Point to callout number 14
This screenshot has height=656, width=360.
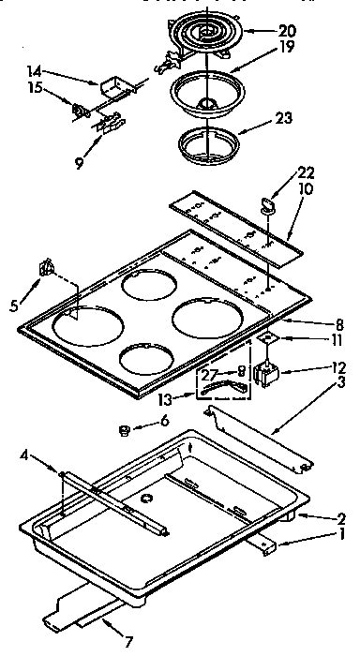[x=34, y=71]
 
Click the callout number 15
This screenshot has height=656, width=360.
[x=34, y=90]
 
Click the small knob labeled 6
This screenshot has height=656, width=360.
[x=121, y=430]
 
